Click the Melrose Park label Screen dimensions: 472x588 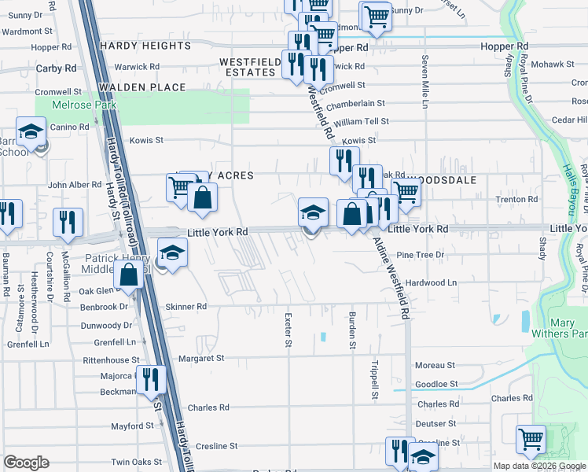click(x=83, y=105)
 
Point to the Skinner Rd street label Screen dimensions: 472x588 click(x=186, y=307)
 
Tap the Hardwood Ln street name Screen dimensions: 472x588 click(x=431, y=282)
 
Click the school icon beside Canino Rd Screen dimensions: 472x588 click(x=31, y=131)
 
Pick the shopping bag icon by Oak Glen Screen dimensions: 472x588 click(x=128, y=275)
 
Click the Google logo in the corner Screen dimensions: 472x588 click(x=26, y=463)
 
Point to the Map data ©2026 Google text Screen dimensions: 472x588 click(x=538, y=466)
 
